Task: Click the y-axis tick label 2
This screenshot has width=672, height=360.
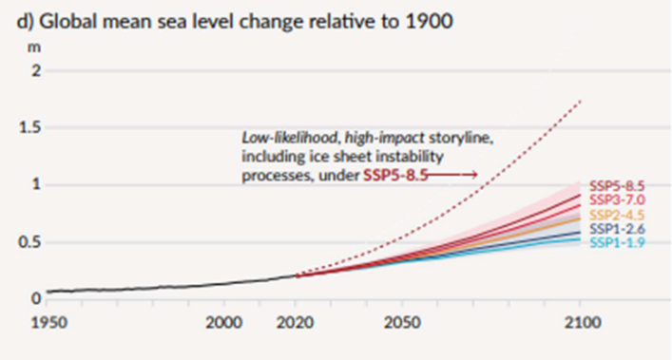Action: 36,71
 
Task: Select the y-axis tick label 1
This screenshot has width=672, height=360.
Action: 36,185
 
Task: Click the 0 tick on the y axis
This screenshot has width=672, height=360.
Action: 36,298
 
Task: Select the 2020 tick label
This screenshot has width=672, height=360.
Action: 298,323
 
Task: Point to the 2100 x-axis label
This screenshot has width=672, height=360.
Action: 579,323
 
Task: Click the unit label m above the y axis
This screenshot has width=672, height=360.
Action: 35,46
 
